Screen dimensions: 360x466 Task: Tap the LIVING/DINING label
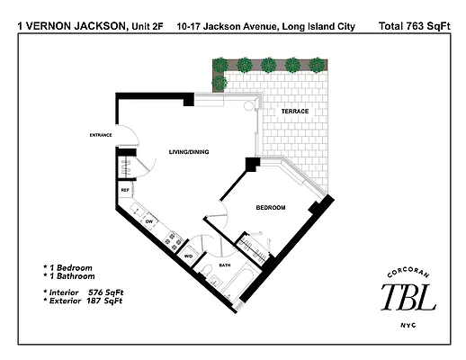189,152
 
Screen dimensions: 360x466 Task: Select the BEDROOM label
270,208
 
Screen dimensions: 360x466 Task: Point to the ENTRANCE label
100,135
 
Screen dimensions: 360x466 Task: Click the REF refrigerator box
125,191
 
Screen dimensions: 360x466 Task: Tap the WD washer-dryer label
189,256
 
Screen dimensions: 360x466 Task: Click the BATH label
225,265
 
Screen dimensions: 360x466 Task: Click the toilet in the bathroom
206,273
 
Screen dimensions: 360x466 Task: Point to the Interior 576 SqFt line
83,293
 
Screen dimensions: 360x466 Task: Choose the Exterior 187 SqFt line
83,302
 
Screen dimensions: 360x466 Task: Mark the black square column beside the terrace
253,164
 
